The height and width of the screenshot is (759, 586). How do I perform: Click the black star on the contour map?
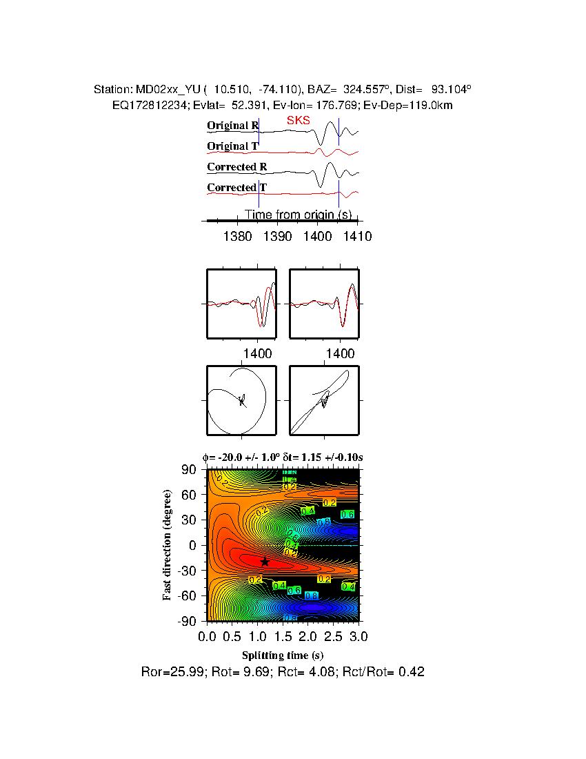(x=265, y=562)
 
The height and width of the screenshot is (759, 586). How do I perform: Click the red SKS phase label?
(x=299, y=121)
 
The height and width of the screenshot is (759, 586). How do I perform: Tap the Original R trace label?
(x=233, y=126)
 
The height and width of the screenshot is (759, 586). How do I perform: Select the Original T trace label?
(x=233, y=146)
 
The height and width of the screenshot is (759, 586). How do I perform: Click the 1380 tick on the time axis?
(x=238, y=236)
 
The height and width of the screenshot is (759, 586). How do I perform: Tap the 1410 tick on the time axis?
(x=358, y=236)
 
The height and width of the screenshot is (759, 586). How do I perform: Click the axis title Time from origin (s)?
(x=299, y=215)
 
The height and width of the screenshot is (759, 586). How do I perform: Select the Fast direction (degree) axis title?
(x=168, y=545)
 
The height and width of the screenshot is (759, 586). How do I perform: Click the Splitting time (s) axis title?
(x=283, y=655)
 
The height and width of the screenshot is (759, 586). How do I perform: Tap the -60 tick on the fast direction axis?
(x=188, y=595)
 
